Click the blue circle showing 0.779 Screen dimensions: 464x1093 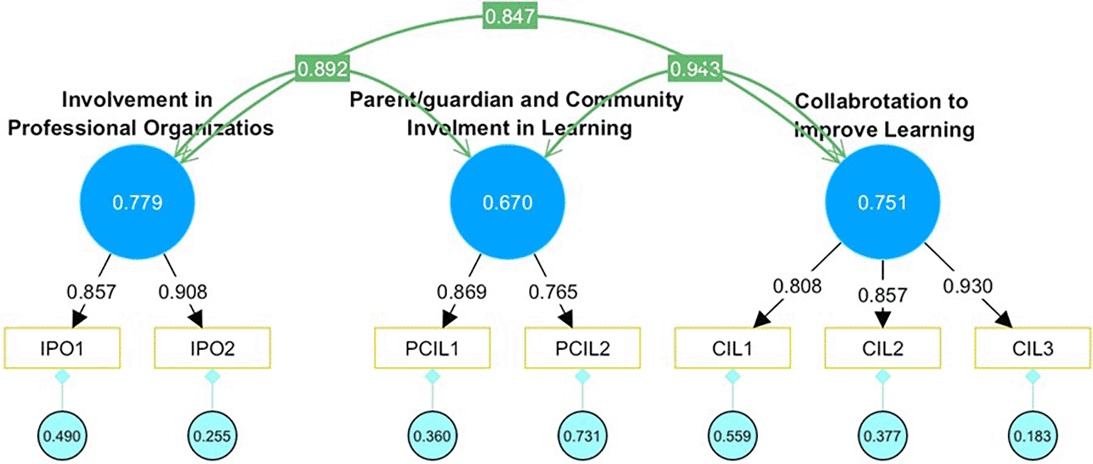pos(137,202)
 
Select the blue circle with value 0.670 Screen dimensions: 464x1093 pos(507,202)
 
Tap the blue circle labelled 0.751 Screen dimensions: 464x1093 pos(882,202)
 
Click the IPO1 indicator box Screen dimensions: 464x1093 pos(62,348)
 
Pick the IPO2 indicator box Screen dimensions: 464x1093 pos(212,348)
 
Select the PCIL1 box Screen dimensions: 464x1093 pos(432,348)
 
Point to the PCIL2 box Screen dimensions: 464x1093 pos(582,348)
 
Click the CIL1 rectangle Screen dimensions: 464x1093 pos(733,348)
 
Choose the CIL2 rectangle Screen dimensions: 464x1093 pos(882,348)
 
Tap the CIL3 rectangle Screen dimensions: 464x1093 pos(1033,348)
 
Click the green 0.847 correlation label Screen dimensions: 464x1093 pos(510,16)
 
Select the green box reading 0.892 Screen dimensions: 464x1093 pos(322,68)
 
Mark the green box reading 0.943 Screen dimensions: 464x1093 pos(695,68)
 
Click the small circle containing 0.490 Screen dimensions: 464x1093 pos(62,436)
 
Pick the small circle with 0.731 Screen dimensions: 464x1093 pos(582,436)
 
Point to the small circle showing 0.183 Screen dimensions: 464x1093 pos(1033,436)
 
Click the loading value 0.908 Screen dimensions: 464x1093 pos(182,291)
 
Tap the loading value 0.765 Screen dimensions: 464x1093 pos(553,291)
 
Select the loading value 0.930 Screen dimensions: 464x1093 pos(968,286)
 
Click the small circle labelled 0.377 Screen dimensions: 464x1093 pos(882,436)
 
